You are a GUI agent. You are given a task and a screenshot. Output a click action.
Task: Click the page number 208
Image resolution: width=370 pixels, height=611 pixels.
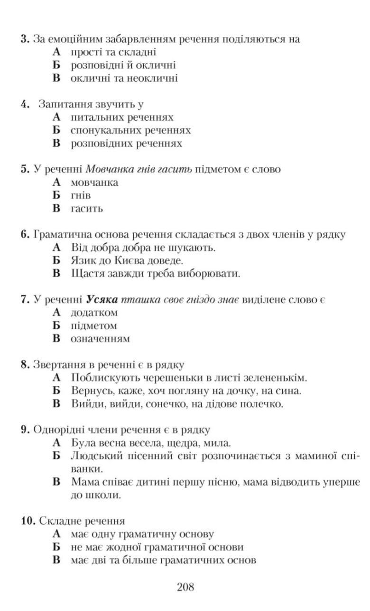coord(185,587)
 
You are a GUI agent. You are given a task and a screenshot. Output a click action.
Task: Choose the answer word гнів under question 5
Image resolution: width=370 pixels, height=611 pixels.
coord(81,195)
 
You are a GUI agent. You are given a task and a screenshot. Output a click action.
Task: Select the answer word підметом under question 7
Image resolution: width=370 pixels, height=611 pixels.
coord(93,325)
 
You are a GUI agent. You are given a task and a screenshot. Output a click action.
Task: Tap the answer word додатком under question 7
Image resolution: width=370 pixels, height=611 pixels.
coord(94,313)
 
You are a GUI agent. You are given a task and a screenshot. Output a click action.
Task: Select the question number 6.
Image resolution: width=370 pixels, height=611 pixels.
coord(25,234)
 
